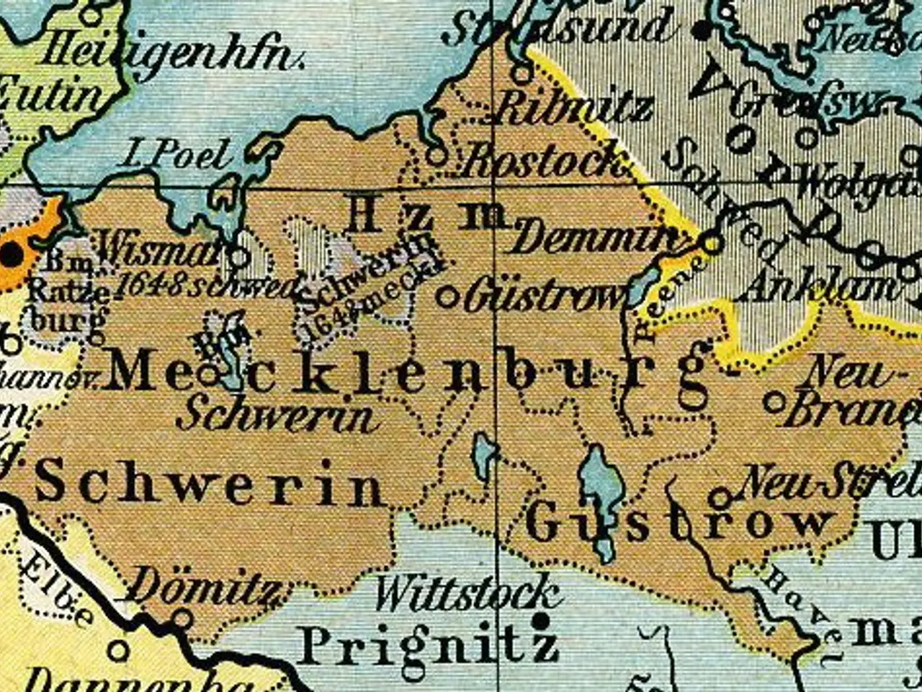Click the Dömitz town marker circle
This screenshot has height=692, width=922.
(x=183, y=618)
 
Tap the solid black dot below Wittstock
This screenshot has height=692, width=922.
(x=541, y=620)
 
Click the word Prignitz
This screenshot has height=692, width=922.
(x=428, y=646)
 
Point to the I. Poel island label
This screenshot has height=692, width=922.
(x=177, y=154)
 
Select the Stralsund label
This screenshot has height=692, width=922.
(x=558, y=27)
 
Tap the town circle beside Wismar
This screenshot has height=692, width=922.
(x=239, y=256)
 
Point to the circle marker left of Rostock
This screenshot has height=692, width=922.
(x=435, y=154)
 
